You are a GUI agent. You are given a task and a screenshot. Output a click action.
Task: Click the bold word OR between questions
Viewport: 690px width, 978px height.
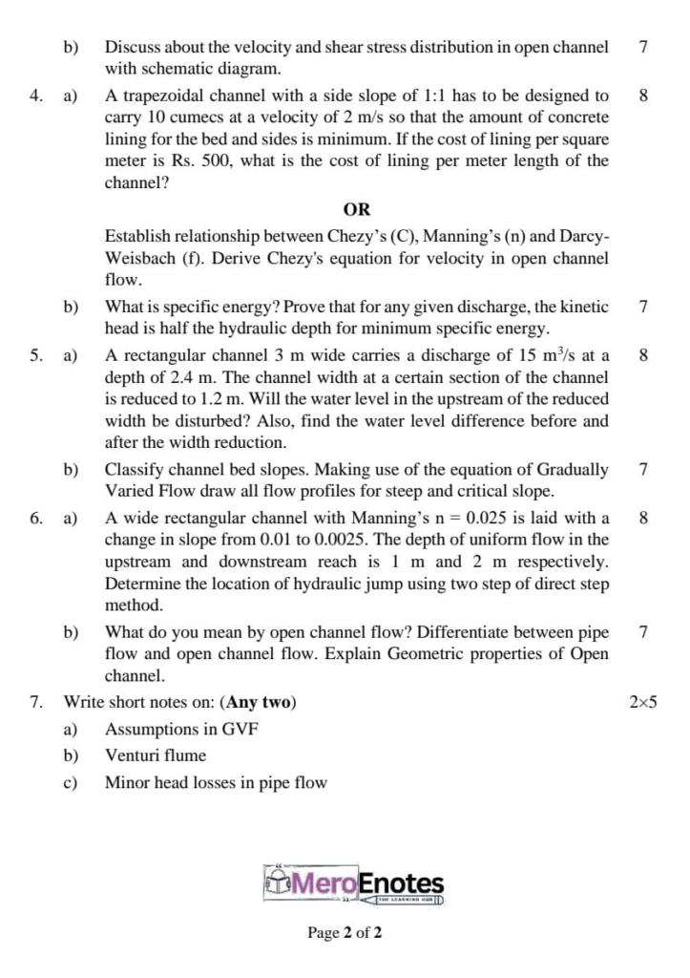click(x=356, y=209)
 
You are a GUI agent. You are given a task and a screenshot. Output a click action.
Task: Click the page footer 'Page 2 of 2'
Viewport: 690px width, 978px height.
click(x=345, y=932)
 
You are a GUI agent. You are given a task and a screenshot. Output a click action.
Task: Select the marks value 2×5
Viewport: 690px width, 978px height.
click(x=643, y=703)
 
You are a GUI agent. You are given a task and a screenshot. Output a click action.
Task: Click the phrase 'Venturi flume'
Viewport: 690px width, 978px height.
click(x=156, y=755)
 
